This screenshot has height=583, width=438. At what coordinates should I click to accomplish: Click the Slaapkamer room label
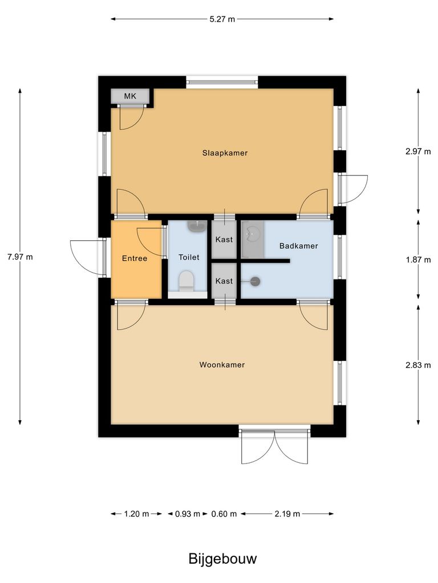225,153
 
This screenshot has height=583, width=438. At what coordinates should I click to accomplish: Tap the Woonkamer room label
222,364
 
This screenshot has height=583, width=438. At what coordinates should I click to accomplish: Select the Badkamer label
298,246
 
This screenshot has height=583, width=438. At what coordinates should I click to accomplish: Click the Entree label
135,258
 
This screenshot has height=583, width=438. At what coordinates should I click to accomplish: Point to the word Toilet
189,257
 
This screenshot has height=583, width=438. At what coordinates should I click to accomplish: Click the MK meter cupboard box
131,96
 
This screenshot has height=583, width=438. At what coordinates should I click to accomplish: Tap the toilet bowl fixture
186,281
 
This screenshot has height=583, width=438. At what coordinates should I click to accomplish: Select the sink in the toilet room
197,227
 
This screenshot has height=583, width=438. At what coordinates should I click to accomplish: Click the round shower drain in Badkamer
255,281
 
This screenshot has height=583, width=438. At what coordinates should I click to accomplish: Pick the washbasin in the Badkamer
252,232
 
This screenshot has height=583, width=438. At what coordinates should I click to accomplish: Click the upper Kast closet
224,240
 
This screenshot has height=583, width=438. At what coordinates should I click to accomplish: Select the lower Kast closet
224,281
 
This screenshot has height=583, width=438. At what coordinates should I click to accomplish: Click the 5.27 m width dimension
222,19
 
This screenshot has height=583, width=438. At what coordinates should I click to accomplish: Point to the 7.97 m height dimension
20,257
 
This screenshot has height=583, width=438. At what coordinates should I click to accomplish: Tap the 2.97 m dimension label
418,151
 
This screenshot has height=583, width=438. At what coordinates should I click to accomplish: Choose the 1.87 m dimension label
418,259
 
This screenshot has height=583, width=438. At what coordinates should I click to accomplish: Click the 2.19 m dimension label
287,514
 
